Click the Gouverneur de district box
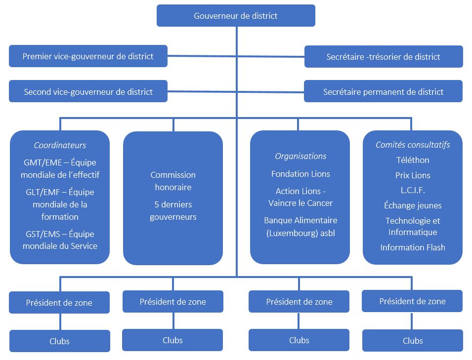tap(236, 16)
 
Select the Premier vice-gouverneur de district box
tap(88, 56)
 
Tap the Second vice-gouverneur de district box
tap(88, 92)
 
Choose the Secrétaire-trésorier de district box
tap(383, 57)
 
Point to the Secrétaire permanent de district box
tap(383, 92)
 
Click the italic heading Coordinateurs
tap(60, 145)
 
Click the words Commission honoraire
tap(173, 181)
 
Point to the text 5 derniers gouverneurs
tap(173, 210)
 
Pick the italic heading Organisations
tap(300, 156)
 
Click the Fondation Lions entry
tap(300, 174)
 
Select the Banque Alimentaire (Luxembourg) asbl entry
tap(300, 226)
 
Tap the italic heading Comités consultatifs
tap(413, 145)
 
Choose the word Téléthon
tap(413, 160)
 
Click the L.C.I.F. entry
tap(413, 190)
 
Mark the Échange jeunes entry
tap(413, 205)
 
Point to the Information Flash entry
tap(413, 247)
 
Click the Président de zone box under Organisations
tap(299, 302)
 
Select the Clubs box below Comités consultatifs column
tap(413, 341)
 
